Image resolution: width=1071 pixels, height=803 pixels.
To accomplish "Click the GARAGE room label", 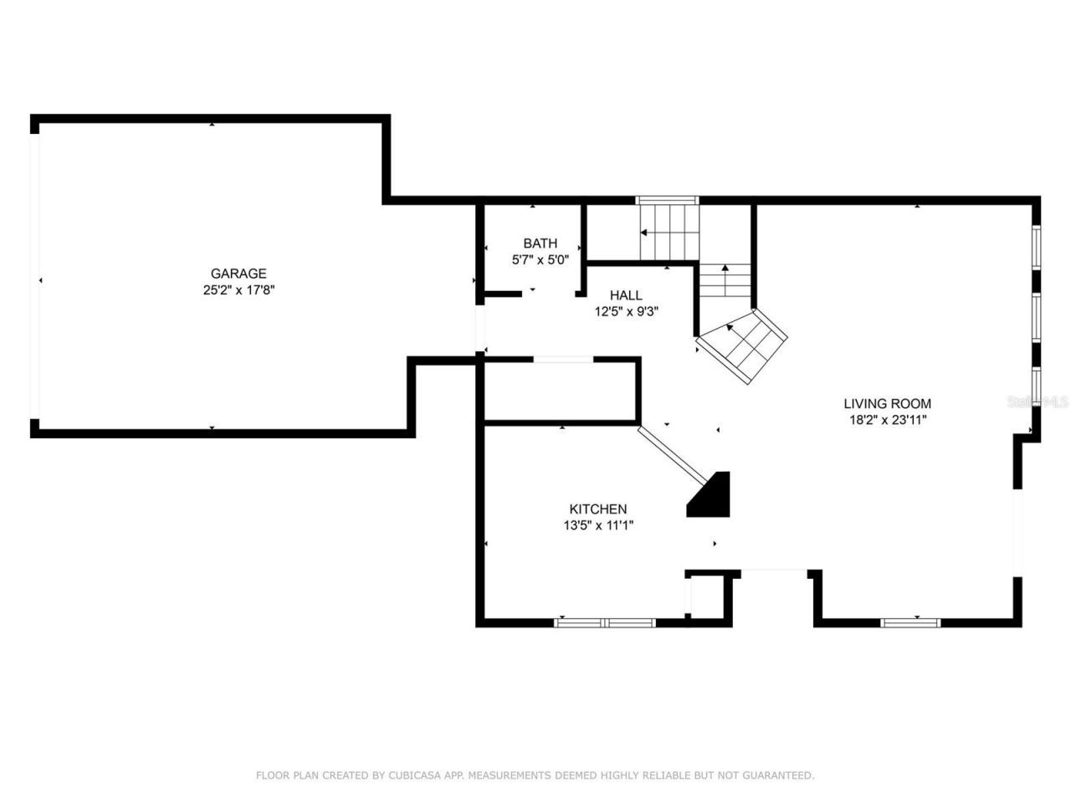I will click(238, 274).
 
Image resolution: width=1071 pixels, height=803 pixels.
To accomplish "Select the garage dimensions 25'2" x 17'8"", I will click(238, 290).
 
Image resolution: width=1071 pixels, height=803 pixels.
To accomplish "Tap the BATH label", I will click(540, 243).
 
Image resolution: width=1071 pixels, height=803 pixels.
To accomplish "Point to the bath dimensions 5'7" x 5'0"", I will click(540, 259).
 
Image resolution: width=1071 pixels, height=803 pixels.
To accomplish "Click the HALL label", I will click(626, 295).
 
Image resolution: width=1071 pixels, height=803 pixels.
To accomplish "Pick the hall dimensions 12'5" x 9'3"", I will click(626, 311).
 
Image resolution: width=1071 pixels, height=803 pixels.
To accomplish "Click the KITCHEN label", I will click(597, 509).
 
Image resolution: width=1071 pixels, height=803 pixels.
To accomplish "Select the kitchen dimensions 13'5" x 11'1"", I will click(597, 525).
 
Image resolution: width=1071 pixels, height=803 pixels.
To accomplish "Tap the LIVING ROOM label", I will click(887, 403).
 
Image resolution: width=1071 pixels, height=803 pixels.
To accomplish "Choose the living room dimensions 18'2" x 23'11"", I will click(887, 420).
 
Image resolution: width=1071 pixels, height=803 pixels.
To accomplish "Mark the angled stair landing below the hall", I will click(744, 346).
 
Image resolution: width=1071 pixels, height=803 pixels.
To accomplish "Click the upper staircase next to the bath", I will click(669, 233).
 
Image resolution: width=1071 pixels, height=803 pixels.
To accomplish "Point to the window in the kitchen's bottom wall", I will click(605, 622).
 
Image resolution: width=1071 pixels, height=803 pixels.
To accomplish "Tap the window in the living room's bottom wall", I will click(910, 622).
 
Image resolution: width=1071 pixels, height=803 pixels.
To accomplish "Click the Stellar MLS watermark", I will click(1038, 402).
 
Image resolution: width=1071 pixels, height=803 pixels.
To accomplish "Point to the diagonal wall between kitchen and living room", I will click(672, 456).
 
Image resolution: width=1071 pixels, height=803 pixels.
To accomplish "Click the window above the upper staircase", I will click(667, 200).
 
